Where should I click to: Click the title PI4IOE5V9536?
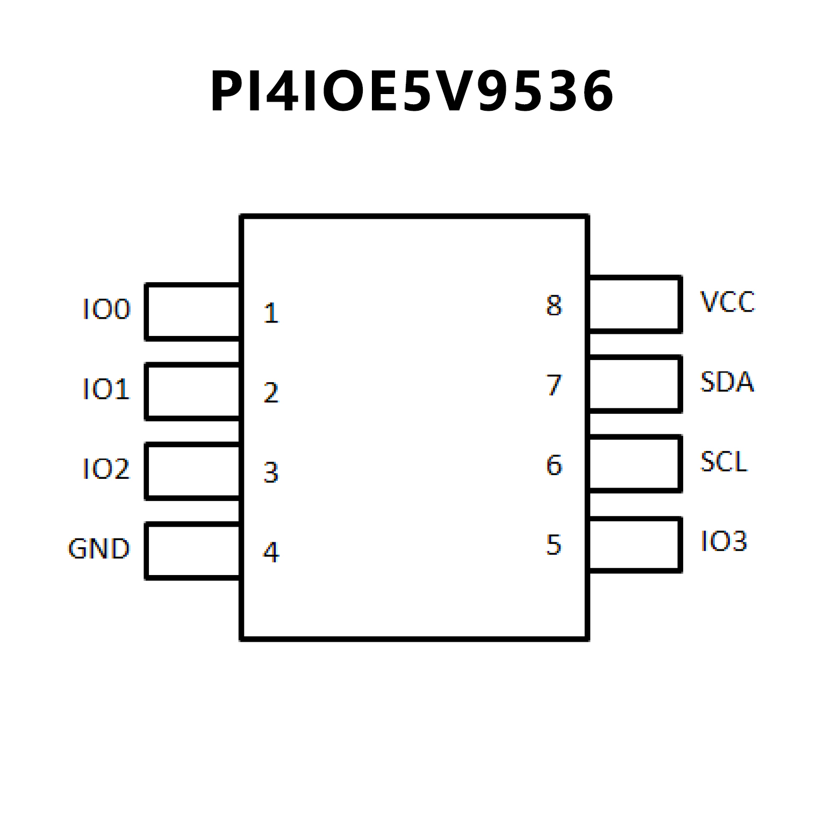412,91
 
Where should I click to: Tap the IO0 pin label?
106,310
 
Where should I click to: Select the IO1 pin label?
106,389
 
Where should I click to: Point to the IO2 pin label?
106,469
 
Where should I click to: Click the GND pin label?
99,549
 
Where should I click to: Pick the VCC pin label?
727,302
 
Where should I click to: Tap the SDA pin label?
727,382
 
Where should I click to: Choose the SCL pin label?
724,462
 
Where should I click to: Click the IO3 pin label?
724,541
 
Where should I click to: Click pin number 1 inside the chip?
271,313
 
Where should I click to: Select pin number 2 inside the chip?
271,393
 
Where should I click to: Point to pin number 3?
271,473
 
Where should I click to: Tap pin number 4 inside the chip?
271,553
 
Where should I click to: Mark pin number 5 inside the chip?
554,545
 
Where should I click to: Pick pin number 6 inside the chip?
554,465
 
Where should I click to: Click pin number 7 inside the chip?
554,385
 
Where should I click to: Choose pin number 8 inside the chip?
554,306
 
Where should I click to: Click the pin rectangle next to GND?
193,551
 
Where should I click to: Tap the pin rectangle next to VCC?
635,304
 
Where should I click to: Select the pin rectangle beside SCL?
635,464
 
